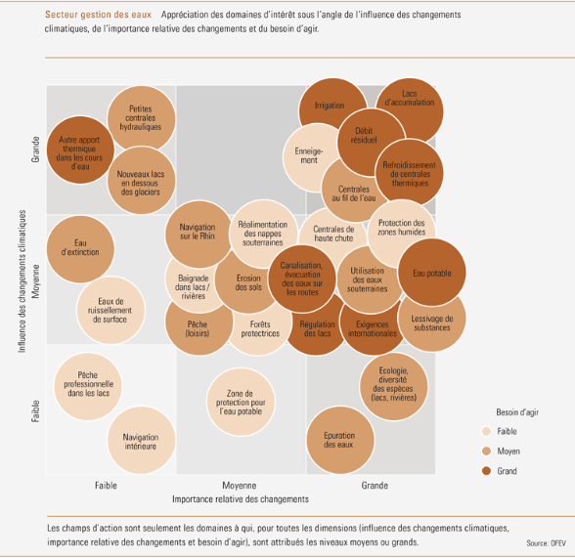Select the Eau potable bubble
[x=432, y=273]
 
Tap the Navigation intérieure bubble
[x=141, y=441]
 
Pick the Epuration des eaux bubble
[x=340, y=440]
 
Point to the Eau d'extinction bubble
[x=80, y=249]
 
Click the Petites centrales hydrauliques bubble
[x=141, y=117]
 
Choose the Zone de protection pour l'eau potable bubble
[x=241, y=402]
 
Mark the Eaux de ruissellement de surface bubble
[x=111, y=310]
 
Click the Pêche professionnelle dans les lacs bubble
[x=88, y=386]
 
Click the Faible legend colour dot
[x=486, y=431]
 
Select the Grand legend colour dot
[x=486, y=471]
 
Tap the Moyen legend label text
[x=509, y=451]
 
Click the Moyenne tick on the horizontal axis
[x=239, y=486]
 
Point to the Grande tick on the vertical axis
[x=35, y=150]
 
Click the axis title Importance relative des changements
[x=241, y=499]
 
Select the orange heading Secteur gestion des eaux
[x=98, y=15]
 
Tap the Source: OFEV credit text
[x=546, y=543]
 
